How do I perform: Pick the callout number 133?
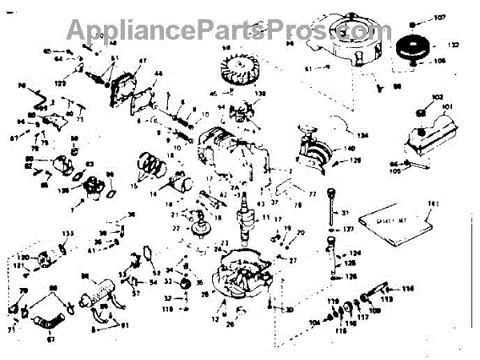[68, 234]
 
